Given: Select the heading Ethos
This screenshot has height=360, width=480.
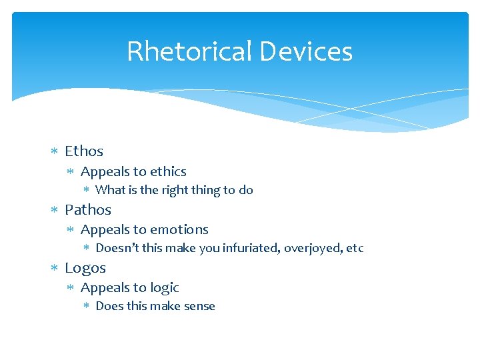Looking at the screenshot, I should [x=84, y=151].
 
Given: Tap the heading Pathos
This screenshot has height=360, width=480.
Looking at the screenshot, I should [x=88, y=209].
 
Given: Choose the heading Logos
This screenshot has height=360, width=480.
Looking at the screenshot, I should [x=85, y=267].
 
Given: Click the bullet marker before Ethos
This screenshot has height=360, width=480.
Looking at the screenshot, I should [x=55, y=152].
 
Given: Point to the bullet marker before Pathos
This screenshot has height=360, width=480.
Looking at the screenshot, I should [x=55, y=210].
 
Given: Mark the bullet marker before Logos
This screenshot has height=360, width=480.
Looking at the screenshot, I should [x=55, y=268].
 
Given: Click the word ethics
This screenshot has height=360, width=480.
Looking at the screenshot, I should [x=168, y=171].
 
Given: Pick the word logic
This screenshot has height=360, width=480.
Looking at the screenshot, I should [x=165, y=287].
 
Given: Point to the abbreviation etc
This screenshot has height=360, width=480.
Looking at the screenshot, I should [x=355, y=248].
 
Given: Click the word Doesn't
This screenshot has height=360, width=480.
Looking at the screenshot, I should [x=114, y=248].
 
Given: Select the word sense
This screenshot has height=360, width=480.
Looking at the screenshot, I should [x=199, y=306].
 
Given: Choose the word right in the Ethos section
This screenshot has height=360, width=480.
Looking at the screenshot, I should [x=175, y=190].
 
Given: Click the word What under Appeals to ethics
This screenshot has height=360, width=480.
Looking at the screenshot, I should [x=111, y=190].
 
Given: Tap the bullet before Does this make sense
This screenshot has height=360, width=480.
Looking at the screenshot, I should [x=87, y=307].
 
